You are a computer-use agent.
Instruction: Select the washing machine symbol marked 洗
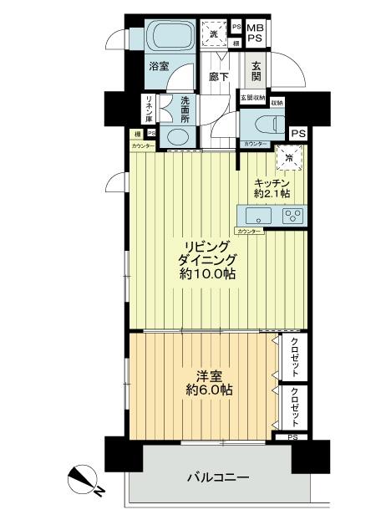point(214,34)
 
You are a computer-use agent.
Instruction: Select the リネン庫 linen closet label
point(148,109)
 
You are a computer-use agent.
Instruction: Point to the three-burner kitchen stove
point(292,215)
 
